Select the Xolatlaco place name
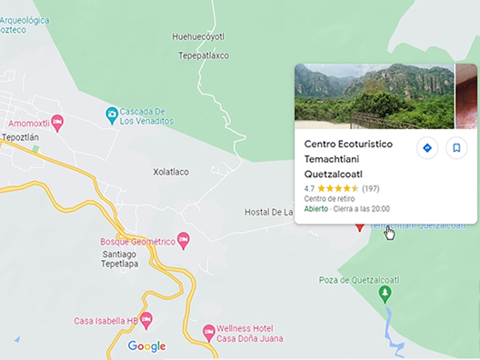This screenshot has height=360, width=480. [171, 171]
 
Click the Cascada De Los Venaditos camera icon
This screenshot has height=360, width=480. [112, 113]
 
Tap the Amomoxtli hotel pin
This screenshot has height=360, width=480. [58, 122]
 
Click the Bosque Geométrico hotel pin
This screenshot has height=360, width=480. [184, 241]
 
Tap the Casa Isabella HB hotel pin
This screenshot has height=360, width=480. [146, 319]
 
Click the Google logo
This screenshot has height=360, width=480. [146, 346]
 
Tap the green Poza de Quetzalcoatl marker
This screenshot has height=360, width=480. [385, 293]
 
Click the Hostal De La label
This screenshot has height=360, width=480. [268, 212]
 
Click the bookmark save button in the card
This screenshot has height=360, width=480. [456, 148]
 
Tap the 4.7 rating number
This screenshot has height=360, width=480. [309, 188]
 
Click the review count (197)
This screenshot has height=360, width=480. [370, 188]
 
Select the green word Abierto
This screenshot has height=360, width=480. [315, 208]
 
